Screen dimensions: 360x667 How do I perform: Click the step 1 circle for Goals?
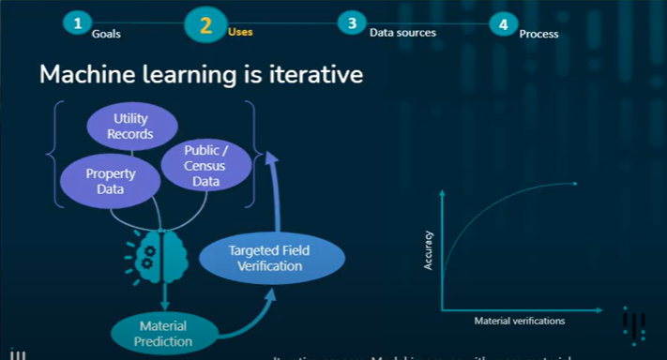(78, 23)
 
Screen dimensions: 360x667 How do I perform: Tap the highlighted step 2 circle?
(205, 23)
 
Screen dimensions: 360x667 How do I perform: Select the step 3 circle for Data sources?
(352, 23)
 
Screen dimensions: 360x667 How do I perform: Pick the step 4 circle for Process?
(504, 24)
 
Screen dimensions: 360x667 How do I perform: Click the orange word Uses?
(240, 32)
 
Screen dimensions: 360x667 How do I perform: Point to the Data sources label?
(402, 33)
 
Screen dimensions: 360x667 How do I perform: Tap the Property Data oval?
(111, 181)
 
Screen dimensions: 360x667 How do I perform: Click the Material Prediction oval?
(163, 333)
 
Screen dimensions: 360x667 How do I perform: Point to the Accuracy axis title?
(428, 251)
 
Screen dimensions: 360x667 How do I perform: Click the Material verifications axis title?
(519, 322)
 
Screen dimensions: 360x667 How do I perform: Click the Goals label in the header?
(106, 33)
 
